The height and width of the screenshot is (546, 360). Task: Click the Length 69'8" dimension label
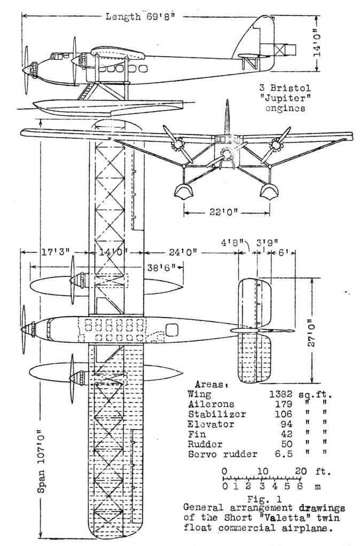(142, 17)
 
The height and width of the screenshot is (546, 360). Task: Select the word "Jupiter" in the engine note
(286, 98)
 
